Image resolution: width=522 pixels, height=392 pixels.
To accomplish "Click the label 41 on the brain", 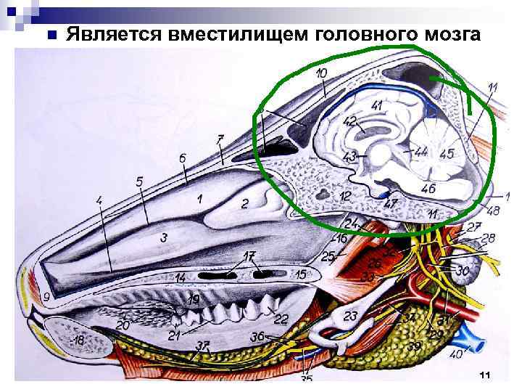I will [376, 106].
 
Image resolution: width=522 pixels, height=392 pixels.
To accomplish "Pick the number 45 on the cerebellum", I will [447, 154].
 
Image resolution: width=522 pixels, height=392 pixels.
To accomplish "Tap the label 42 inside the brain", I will [349, 121].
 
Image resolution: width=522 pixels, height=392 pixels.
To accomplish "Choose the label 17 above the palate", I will [249, 256].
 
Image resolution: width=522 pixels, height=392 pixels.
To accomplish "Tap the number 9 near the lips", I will [46, 296].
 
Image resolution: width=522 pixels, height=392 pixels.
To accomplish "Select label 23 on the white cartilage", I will [351, 316].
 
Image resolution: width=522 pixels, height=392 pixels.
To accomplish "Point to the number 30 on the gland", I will [462, 271].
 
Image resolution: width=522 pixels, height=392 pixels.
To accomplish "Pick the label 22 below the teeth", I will [281, 319].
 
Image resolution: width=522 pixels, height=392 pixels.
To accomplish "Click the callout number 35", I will [306, 378].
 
